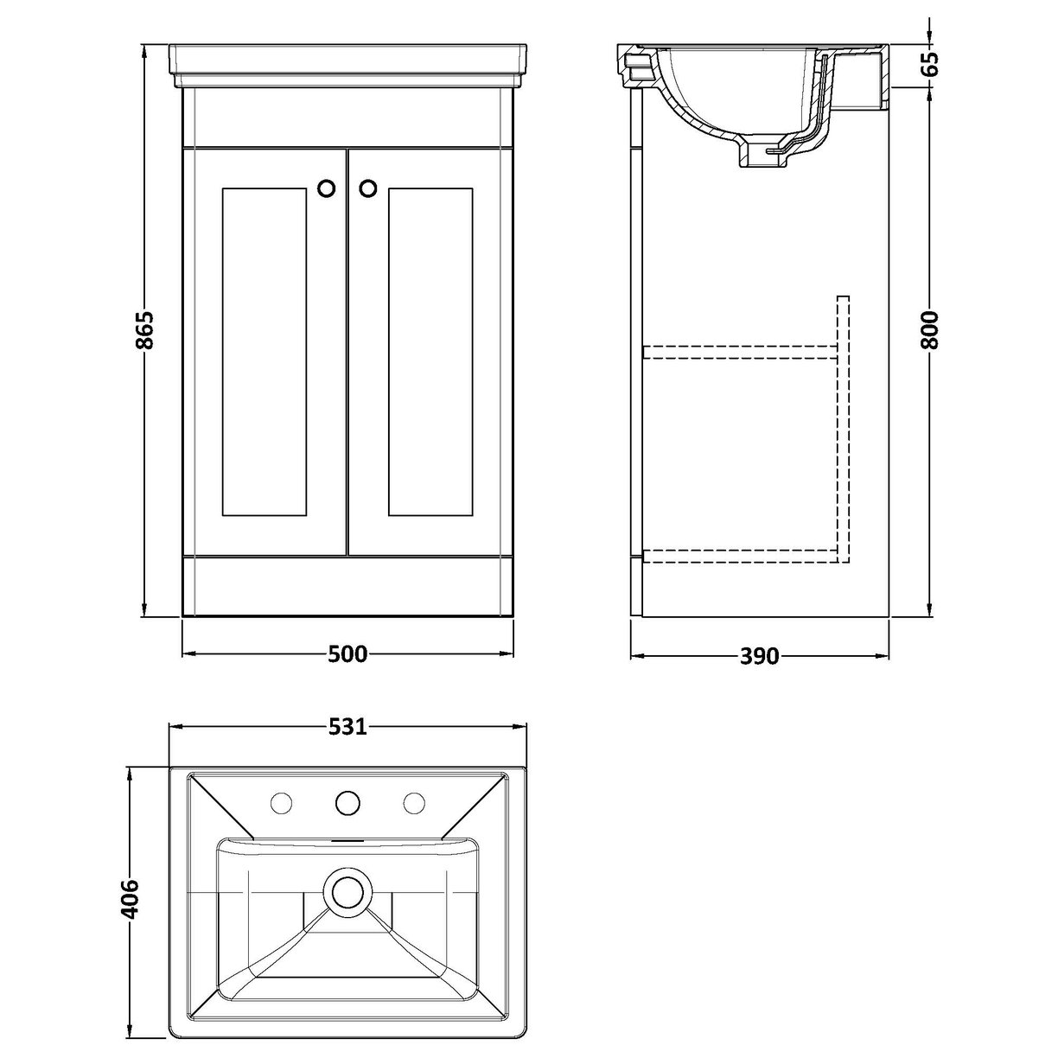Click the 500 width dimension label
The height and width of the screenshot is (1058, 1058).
pyautogui.click(x=347, y=654)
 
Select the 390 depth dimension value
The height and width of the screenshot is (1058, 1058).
pyautogui.click(x=760, y=656)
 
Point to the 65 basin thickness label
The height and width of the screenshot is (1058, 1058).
pyautogui.click(x=929, y=65)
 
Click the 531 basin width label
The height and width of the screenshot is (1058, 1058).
pyautogui.click(x=347, y=727)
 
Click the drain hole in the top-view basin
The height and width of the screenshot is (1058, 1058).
pyautogui.click(x=347, y=892)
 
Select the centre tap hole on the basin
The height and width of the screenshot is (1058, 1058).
pyautogui.click(x=347, y=803)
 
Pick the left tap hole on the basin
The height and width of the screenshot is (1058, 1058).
pyautogui.click(x=281, y=804)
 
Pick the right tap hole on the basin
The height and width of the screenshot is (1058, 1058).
pyautogui.click(x=414, y=804)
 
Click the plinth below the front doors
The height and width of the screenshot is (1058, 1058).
pyautogui.click(x=347, y=587)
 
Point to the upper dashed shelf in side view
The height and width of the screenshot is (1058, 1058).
pyautogui.click(x=739, y=350)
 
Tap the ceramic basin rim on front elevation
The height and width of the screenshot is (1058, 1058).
pyautogui.click(x=347, y=61)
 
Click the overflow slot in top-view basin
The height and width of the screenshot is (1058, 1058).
pyautogui.click(x=347, y=839)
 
